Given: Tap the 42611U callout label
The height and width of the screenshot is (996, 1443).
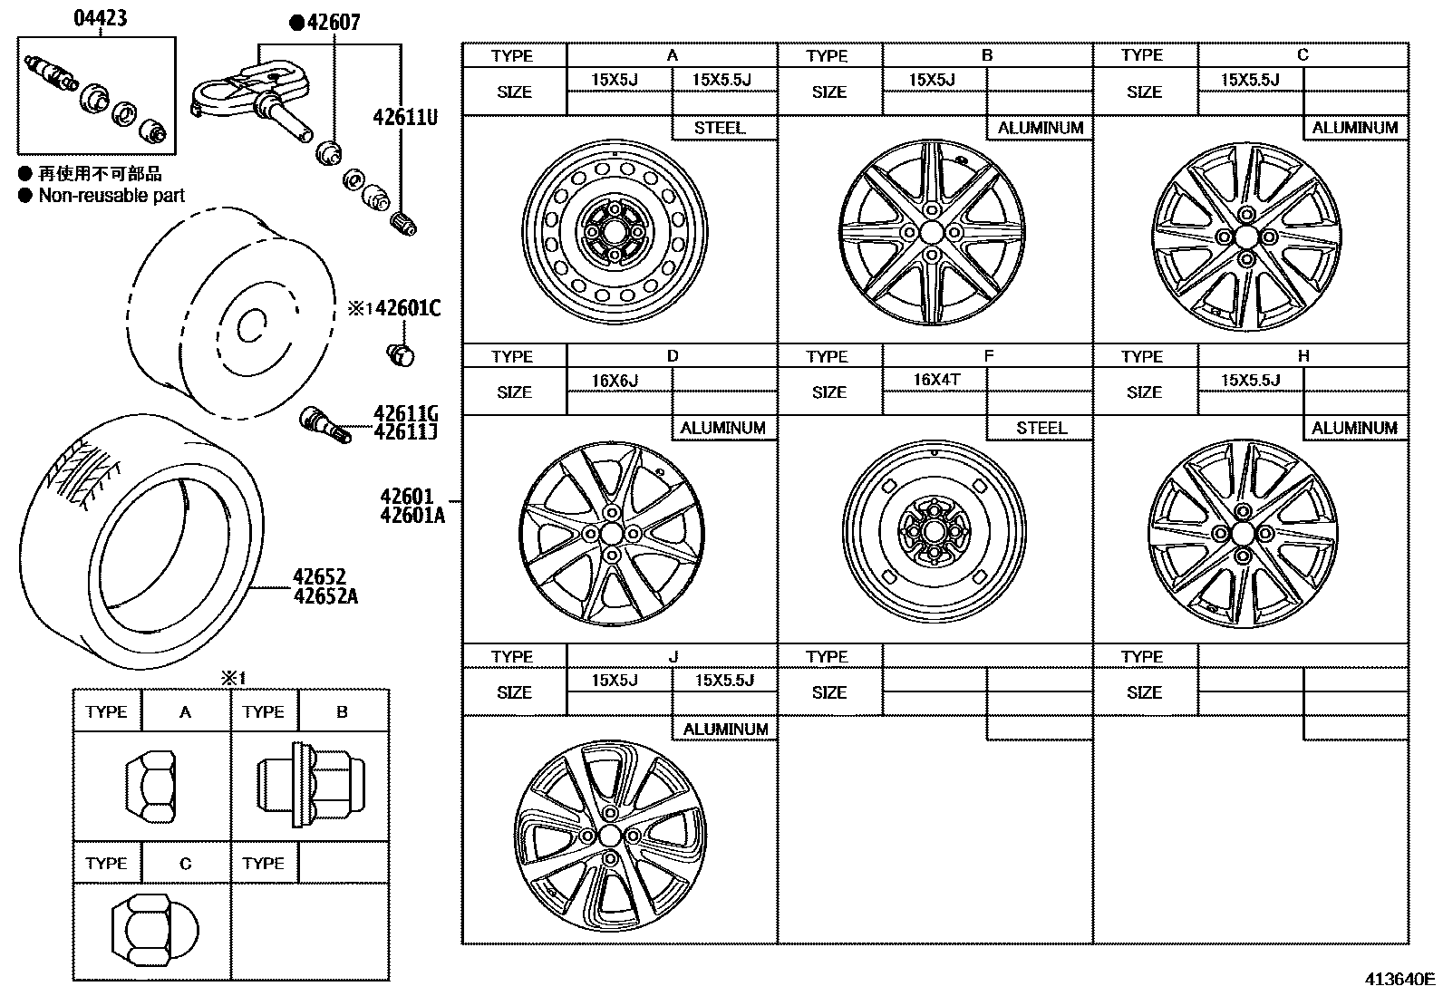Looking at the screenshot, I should pyautogui.click(x=404, y=117).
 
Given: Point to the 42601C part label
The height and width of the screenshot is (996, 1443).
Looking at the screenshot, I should pyautogui.click(x=407, y=308).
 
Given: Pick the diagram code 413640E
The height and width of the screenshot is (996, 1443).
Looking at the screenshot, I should pyautogui.click(x=1400, y=979).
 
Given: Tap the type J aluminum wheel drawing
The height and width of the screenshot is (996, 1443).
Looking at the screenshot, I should pyautogui.click(x=609, y=835).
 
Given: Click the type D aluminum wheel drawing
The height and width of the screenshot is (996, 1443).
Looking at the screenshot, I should pyautogui.click(x=613, y=534).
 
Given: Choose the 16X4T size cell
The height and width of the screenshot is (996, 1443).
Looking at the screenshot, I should pyautogui.click(x=936, y=380).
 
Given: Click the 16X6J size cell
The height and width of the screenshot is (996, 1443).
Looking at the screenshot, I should pyautogui.click(x=615, y=381).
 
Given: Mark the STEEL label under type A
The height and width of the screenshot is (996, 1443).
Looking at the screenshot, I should pyautogui.click(x=720, y=128).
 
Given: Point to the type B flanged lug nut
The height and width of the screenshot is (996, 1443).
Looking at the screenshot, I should pyautogui.click(x=310, y=785).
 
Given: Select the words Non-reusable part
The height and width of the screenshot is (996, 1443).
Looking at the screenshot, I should pyautogui.click(x=111, y=196).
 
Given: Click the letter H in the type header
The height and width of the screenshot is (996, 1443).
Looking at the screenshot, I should pyautogui.click(x=1303, y=356).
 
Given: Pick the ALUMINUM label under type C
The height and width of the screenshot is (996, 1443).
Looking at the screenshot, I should pyautogui.click(x=1355, y=128).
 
